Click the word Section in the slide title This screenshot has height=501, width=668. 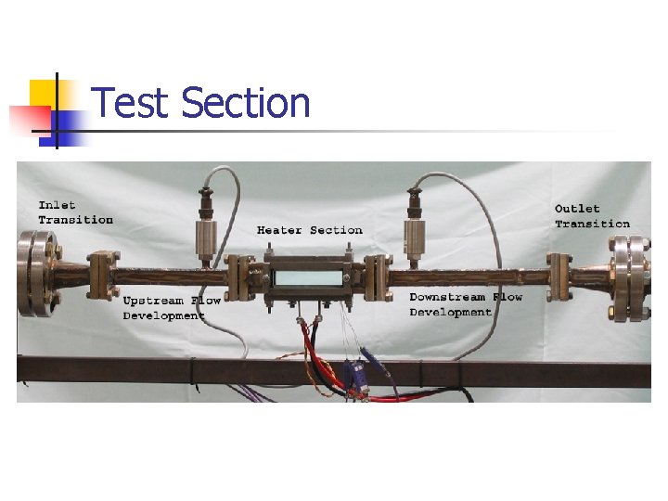246,103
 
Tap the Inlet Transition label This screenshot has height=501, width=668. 75,212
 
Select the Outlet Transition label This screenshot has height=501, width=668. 591,216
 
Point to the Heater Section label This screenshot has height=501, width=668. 309,230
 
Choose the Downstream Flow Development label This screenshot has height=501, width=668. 466,304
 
